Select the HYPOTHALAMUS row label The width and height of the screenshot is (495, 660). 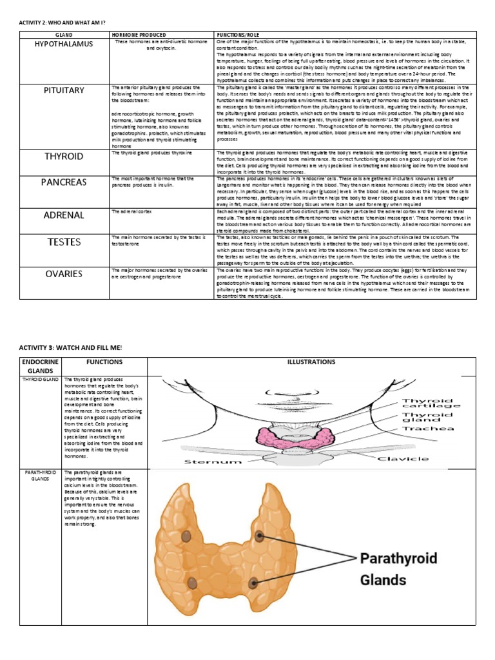pyautogui.click(x=64, y=44)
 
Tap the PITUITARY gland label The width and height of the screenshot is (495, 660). pyautogui.click(x=64, y=90)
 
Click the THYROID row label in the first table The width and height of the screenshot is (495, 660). pyautogui.click(x=64, y=157)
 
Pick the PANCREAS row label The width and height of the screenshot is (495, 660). pyautogui.click(x=64, y=182)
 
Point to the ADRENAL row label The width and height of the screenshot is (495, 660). pyautogui.click(x=64, y=215)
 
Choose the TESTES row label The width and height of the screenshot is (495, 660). pyautogui.click(x=64, y=242)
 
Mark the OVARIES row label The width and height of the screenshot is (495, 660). pyautogui.click(x=64, y=274)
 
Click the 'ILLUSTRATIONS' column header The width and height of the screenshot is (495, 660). pyautogui.click(x=311, y=362)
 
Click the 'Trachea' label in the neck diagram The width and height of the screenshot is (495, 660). pyautogui.click(x=428, y=427)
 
